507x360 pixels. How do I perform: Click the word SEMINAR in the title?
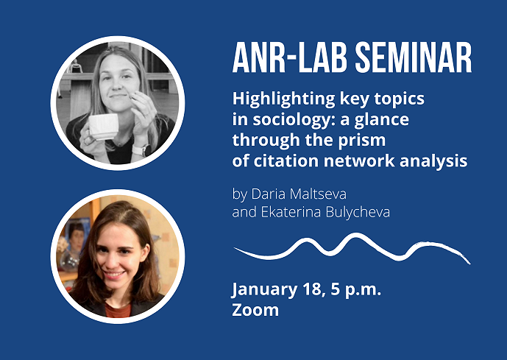[414, 57]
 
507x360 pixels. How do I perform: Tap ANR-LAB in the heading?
[290, 57]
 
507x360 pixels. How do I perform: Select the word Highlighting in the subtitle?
[283, 99]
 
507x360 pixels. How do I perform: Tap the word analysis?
[433, 161]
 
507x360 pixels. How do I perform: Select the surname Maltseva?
[318, 194]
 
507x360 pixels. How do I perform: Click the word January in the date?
[264, 290]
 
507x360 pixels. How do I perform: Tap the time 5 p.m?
[356, 290]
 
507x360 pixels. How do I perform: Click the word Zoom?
[255, 310]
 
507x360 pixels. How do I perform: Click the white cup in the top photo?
[103, 127]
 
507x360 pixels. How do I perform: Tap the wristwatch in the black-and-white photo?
[142, 150]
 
